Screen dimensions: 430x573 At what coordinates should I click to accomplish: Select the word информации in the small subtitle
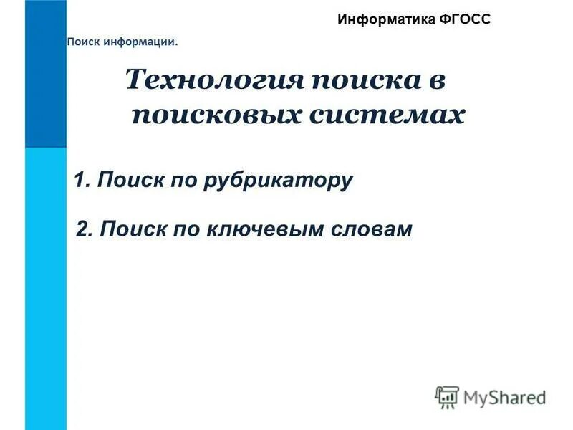click(138, 42)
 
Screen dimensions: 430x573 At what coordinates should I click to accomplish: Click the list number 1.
click(81, 180)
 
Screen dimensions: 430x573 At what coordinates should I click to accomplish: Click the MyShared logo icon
click(447, 396)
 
